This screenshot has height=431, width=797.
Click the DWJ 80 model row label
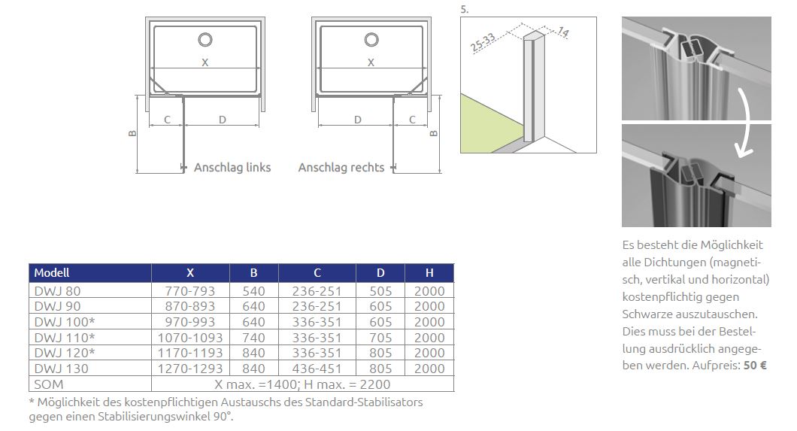click(57, 291)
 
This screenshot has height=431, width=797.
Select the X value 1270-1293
click(190, 369)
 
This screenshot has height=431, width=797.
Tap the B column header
click(253, 273)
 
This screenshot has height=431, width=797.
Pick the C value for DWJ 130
click(317, 369)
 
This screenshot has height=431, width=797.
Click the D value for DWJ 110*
click(380, 338)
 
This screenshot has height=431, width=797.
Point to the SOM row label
click(49, 384)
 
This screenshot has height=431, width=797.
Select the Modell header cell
click(52, 273)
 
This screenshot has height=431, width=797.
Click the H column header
click(429, 273)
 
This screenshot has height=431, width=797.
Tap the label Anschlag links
click(232, 168)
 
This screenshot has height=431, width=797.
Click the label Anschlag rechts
click(341, 168)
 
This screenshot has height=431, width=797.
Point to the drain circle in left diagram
click(205, 40)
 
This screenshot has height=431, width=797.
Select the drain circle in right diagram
click(371, 40)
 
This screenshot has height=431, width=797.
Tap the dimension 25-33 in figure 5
click(483, 43)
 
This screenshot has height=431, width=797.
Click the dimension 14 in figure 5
click(563, 32)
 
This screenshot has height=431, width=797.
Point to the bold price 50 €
click(755, 366)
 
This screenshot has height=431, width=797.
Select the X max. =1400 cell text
click(256, 384)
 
